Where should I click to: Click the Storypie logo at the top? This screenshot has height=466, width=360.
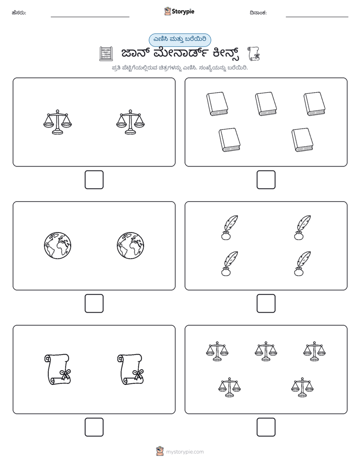[x=179, y=11]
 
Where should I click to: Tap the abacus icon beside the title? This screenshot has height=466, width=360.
[x=106, y=53]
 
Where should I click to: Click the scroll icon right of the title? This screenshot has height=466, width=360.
[x=254, y=53]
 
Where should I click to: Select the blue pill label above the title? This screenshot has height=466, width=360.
[x=179, y=40]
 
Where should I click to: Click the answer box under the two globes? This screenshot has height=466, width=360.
[x=94, y=304]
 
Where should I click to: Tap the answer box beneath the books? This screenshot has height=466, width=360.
[x=266, y=180]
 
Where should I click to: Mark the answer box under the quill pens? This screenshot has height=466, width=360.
[x=266, y=304]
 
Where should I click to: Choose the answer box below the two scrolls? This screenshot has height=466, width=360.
[x=94, y=427]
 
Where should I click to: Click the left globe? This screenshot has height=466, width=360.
[x=57, y=246]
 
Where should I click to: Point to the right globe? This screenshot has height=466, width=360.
[x=131, y=246]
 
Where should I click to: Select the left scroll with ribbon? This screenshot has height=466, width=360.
[x=57, y=369]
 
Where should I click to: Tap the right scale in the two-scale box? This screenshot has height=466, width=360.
[x=131, y=122]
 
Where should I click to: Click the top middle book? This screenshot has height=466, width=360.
[x=266, y=104]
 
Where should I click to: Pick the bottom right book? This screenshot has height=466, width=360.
[x=303, y=140]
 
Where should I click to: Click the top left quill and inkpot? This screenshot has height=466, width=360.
[x=229, y=227]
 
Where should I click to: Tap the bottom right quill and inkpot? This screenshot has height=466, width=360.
[x=303, y=264]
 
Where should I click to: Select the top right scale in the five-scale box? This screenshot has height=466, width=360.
[x=314, y=352]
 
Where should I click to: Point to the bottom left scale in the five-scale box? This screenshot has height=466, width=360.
[x=229, y=387]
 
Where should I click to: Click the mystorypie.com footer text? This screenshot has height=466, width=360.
[x=185, y=452]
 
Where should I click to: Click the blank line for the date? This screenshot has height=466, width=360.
[x=317, y=17]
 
